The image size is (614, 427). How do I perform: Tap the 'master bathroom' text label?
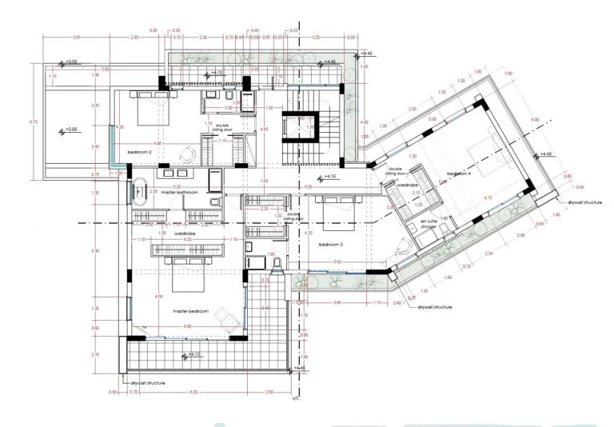click(x=180, y=192)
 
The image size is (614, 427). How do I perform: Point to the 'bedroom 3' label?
click(x=331, y=244)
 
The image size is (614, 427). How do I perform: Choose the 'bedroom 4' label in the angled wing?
click(x=459, y=173)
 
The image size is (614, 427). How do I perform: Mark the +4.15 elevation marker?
click(x=329, y=178)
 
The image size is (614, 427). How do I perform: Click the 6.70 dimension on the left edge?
click(x=32, y=122)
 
